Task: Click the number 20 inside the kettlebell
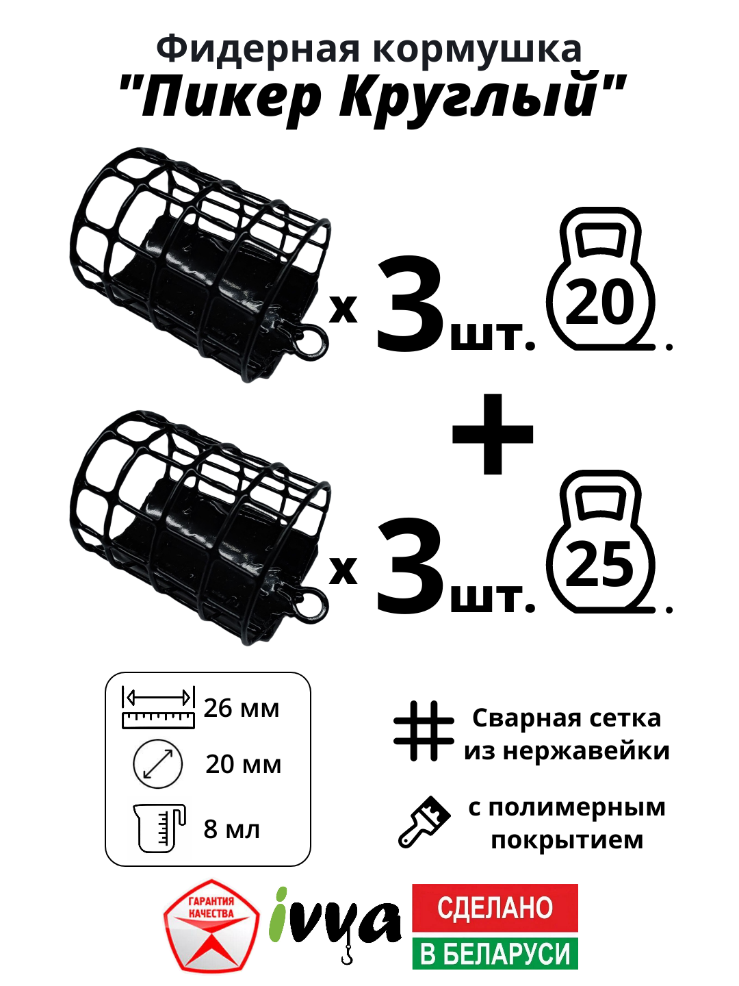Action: (x=601, y=303)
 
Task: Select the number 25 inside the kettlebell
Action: (x=601, y=565)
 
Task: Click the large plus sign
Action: (x=493, y=434)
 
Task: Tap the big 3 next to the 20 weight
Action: (x=411, y=305)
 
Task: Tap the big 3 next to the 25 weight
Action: (x=411, y=567)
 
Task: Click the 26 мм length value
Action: (x=242, y=709)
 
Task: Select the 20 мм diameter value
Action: (x=243, y=764)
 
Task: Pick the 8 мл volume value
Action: (x=232, y=829)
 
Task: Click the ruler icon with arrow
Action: (x=158, y=707)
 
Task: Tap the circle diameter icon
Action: (x=157, y=763)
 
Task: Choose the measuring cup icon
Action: (x=159, y=828)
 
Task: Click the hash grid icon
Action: (x=424, y=731)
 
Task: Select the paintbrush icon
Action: (x=424, y=821)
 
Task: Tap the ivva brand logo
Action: (x=335, y=921)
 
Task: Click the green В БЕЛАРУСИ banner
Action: (x=495, y=953)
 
